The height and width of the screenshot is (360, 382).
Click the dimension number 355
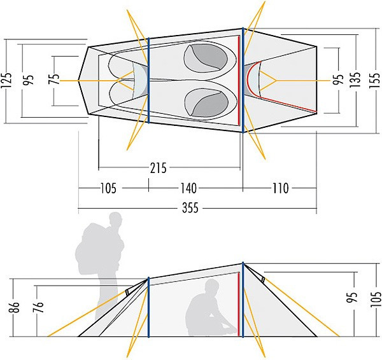pyautogui.click(x=190, y=208)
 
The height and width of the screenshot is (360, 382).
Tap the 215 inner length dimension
pyautogui.click(x=158, y=168)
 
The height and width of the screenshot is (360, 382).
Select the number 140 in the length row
pyautogui.click(x=188, y=188)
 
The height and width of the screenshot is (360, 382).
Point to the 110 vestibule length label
pyautogui.click(x=280, y=188)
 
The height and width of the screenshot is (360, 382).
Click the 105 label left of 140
pyautogui.click(x=108, y=188)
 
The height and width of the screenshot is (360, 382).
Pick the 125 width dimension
pyautogui.click(x=6, y=80)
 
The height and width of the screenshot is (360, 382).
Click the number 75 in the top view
pyautogui.click(x=54, y=79)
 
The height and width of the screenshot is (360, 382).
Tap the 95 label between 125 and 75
pyautogui.click(x=28, y=80)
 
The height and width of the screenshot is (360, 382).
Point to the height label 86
pyautogui.click(x=14, y=307)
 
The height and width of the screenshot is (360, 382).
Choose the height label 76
pyautogui.click(x=38, y=307)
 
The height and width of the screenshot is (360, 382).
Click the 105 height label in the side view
pyautogui.click(x=376, y=300)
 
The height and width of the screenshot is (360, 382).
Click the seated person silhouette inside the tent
pyautogui.click(x=211, y=308)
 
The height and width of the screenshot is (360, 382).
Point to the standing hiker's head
pyautogui.click(x=115, y=219)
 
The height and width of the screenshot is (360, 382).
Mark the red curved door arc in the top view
pyautogui.click(x=253, y=80)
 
